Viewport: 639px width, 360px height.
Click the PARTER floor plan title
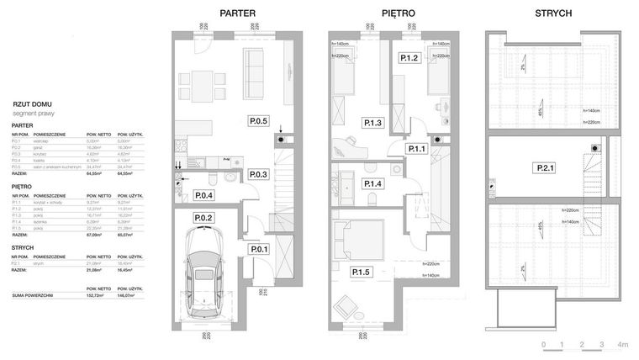237,13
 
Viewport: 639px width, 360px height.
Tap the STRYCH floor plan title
554,13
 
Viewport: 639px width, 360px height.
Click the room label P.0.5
257,121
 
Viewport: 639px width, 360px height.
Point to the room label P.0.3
258,175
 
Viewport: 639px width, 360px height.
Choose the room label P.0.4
203,196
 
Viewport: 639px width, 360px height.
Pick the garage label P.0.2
203,219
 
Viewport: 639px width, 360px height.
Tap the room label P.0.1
258,248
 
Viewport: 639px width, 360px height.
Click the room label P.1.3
373,124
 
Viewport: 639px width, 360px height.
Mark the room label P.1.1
418,149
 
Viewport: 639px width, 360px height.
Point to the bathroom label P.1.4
373,184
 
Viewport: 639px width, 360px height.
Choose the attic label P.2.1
544,169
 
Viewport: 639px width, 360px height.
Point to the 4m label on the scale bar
623,345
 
